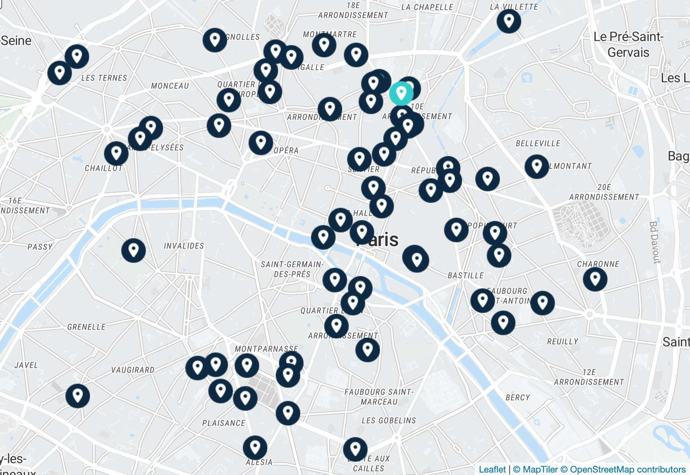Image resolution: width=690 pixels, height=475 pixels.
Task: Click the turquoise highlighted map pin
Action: pyautogui.click(x=401, y=94)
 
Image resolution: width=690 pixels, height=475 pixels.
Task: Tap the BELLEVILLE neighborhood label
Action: pyautogui.click(x=538, y=143)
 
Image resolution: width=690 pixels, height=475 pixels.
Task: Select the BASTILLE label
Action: pyautogui.click(x=466, y=275)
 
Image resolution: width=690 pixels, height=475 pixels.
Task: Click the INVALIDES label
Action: pyautogui.click(x=184, y=246)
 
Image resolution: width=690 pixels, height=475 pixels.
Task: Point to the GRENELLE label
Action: pyautogui.click(x=86, y=327)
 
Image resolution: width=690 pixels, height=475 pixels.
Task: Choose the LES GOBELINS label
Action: pyautogui.click(x=389, y=420)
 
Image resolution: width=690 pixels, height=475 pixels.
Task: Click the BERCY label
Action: pyautogui.click(x=517, y=397)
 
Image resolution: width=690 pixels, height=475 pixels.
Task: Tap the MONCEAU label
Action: pyautogui.click(x=170, y=86)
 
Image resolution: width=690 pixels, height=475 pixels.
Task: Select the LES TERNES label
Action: pyautogui.click(x=104, y=78)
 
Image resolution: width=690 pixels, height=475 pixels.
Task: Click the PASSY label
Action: pyautogui.click(x=40, y=247)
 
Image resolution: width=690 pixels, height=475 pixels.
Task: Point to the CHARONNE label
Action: pyautogui.click(x=598, y=264)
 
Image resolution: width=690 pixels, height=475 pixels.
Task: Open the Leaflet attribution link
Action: pyautogui.click(x=492, y=469)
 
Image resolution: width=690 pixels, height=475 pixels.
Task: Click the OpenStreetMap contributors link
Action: pyautogui.click(x=627, y=469)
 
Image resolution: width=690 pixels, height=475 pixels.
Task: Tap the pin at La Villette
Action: pyautogui.click(x=509, y=21)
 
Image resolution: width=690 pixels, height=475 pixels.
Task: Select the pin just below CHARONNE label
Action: pyautogui.click(x=595, y=279)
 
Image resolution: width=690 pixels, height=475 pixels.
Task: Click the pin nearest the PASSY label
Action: pyautogui.click(x=133, y=250)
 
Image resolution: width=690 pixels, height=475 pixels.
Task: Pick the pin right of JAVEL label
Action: pyautogui.click(x=78, y=396)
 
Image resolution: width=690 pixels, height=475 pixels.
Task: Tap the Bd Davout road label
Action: pyautogui.click(x=654, y=242)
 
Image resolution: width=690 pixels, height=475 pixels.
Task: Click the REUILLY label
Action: pyautogui.click(x=562, y=341)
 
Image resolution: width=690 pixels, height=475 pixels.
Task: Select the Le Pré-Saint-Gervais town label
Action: pyautogui.click(x=628, y=44)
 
